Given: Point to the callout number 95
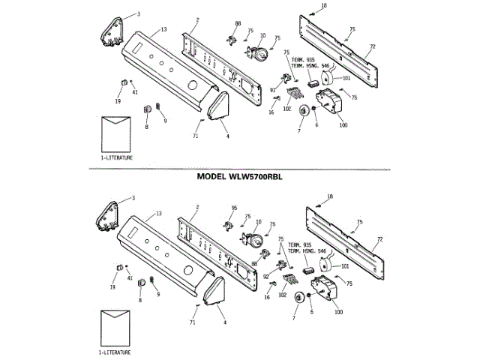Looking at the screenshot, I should [x=234, y=208].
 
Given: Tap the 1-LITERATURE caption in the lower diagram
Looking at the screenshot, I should [x=115, y=352].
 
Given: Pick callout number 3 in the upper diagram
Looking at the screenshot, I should [x=137, y=14].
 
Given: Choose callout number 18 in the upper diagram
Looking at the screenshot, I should [x=325, y=6].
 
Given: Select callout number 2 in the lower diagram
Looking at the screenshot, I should [x=197, y=207].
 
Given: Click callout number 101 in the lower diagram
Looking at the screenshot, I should [x=346, y=265].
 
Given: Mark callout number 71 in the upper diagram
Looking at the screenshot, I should [x=194, y=135].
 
